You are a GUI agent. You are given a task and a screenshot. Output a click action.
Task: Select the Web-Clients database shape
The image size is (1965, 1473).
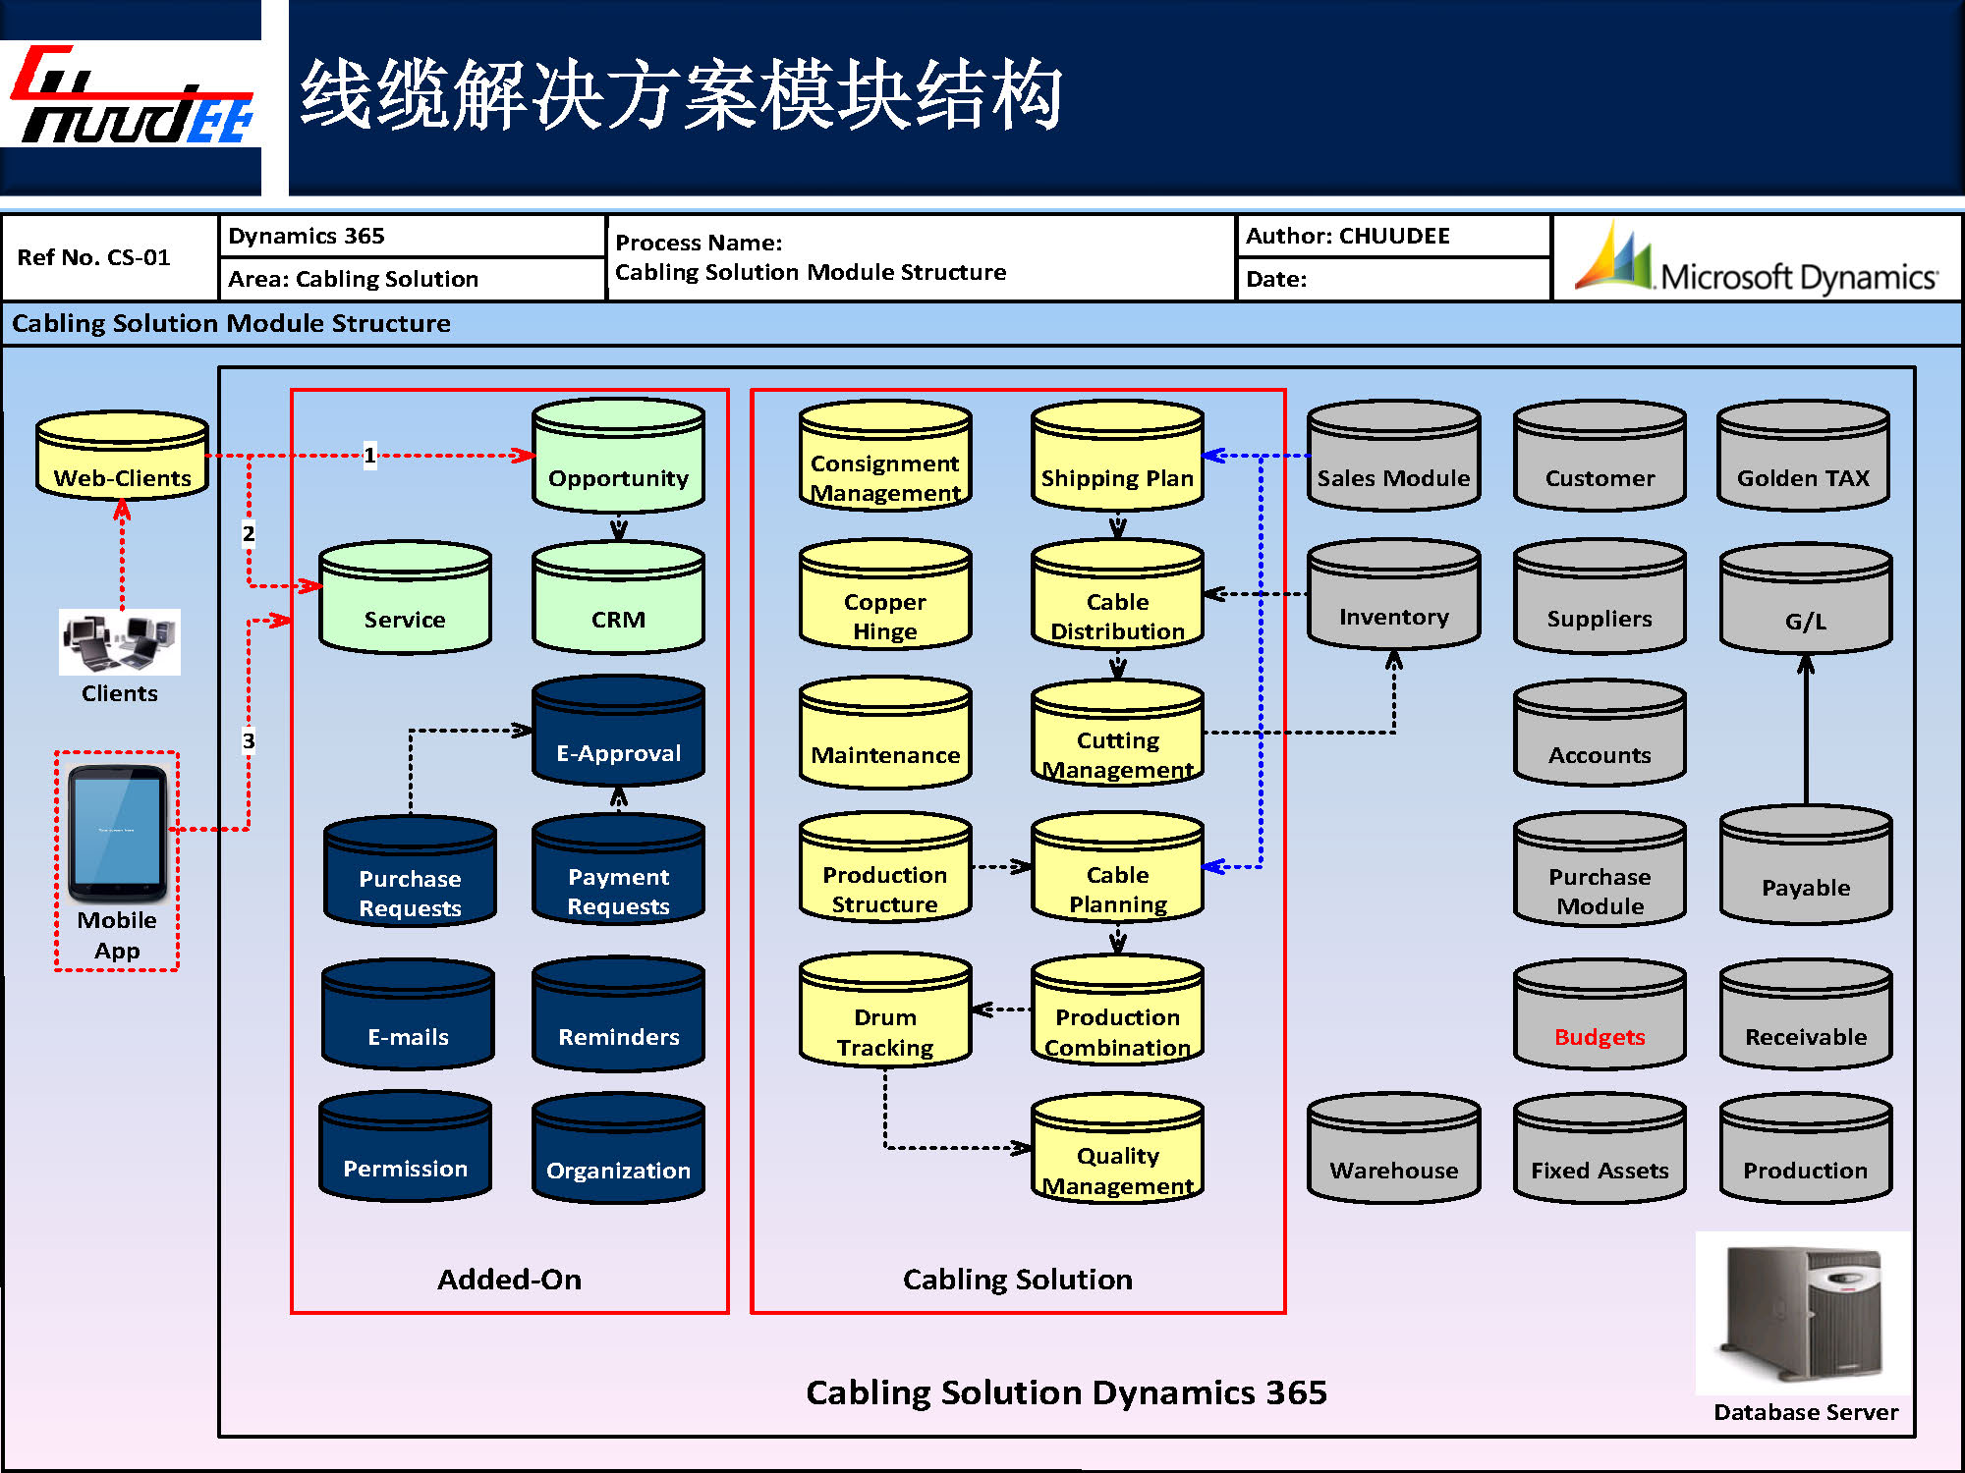point(122,457)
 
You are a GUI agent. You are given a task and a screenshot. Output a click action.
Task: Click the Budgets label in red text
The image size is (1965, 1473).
point(1599,1037)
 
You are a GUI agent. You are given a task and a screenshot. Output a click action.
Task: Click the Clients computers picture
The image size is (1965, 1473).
point(120,642)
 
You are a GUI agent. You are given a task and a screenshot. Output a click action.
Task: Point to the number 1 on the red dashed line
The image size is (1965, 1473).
point(369,455)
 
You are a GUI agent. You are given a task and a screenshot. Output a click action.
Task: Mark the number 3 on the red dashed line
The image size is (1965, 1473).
point(249,740)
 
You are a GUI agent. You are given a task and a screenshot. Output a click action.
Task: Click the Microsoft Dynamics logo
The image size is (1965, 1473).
point(1757,260)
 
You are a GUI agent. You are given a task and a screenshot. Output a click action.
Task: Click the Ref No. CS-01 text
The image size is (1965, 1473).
point(94,258)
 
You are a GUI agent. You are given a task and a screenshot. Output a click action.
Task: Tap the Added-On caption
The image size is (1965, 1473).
point(509,1280)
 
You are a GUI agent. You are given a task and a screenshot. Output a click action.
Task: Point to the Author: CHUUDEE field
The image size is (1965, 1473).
point(1348,237)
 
